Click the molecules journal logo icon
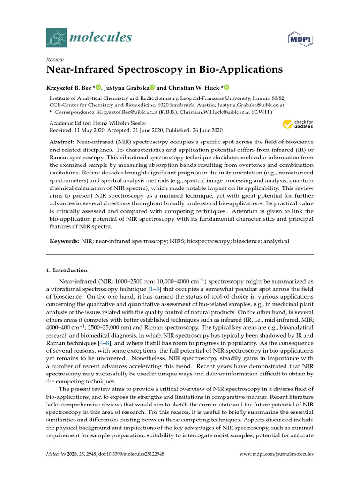pyautogui.click(x=56, y=37)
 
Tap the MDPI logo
pyautogui.click(x=300, y=39)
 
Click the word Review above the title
pyautogui.click(x=55, y=60)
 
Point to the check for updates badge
pyautogui.click(x=298, y=125)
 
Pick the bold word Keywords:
pyautogui.click(x=65, y=241)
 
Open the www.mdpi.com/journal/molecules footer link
pyautogui.click(x=276, y=454)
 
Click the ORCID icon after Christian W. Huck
pyautogui.click(x=227, y=88)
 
